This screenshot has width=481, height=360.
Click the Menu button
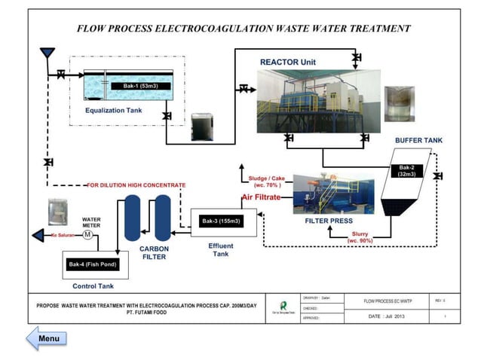[x=47, y=338]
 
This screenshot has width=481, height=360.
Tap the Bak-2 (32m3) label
[x=408, y=170]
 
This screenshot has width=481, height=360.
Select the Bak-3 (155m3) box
[x=221, y=221]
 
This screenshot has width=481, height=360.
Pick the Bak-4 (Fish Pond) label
[x=93, y=264]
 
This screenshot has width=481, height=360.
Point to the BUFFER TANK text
[x=418, y=140]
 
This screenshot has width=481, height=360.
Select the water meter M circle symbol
[x=87, y=235]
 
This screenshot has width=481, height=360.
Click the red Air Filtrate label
[x=261, y=197]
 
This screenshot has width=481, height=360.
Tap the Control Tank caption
[x=93, y=286]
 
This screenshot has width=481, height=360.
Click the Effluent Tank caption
[x=221, y=250]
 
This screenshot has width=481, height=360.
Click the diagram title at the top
[x=244, y=28]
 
